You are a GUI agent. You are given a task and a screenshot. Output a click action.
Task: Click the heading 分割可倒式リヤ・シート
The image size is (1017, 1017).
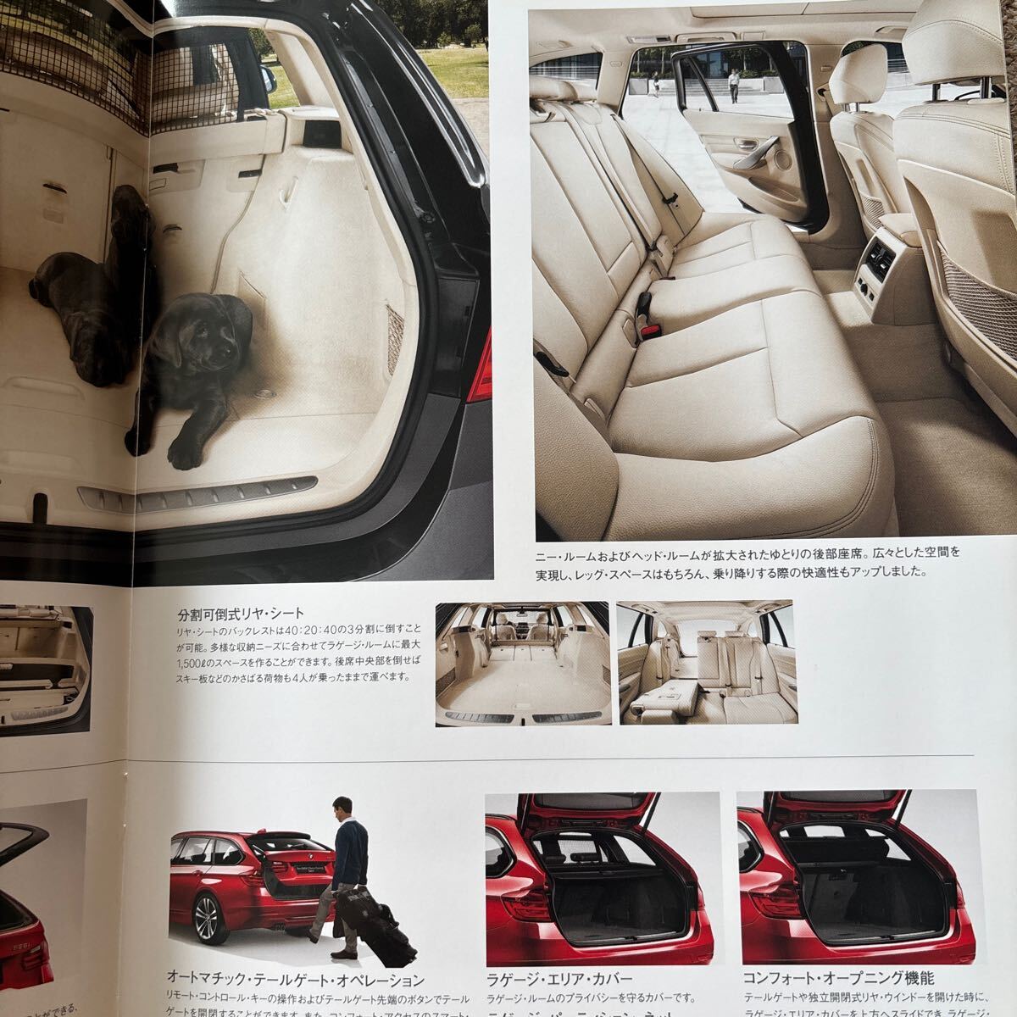pyautogui.click(x=242, y=614)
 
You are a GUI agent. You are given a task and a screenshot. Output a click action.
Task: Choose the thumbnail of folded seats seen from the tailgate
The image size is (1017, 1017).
pyautogui.click(x=522, y=664)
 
